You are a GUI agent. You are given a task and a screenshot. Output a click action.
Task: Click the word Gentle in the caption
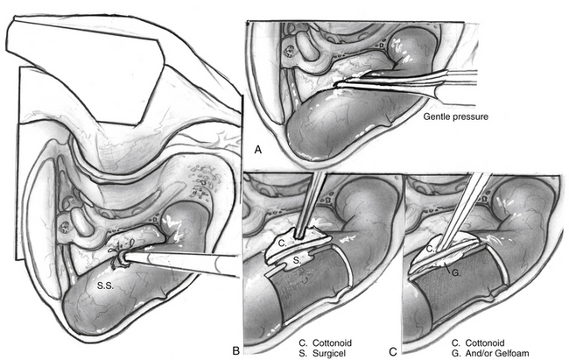pos(438,116)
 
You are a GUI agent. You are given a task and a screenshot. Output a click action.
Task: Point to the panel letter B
pos(235,349)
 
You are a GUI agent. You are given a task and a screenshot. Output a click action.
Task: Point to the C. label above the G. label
pos(432,251)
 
